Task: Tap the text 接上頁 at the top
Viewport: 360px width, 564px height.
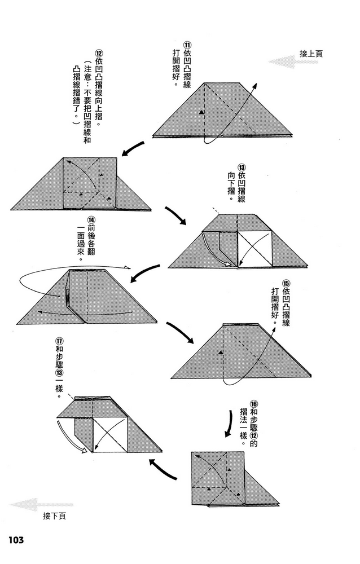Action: [x=311, y=54]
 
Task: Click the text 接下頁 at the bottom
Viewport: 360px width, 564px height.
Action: [x=54, y=516]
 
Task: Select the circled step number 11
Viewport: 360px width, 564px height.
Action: [x=187, y=45]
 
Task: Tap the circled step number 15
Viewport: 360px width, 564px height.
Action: [x=286, y=283]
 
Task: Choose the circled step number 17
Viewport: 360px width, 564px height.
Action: [x=60, y=341]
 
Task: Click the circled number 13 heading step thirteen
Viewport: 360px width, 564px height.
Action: [x=241, y=168]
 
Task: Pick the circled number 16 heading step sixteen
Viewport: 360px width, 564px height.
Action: [x=253, y=404]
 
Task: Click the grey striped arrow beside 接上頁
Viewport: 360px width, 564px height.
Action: [x=293, y=62]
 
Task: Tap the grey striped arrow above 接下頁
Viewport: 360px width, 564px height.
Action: [x=41, y=505]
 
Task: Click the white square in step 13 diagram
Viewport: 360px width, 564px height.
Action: [x=255, y=249]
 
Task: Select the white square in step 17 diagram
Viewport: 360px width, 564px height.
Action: [x=110, y=435]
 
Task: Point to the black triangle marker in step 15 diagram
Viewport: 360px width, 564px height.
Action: [x=220, y=354]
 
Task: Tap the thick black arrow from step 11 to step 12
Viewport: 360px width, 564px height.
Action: [x=133, y=148]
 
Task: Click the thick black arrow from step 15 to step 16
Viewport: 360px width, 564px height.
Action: [x=228, y=423]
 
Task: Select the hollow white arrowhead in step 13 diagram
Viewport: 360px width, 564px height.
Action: [x=228, y=265]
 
